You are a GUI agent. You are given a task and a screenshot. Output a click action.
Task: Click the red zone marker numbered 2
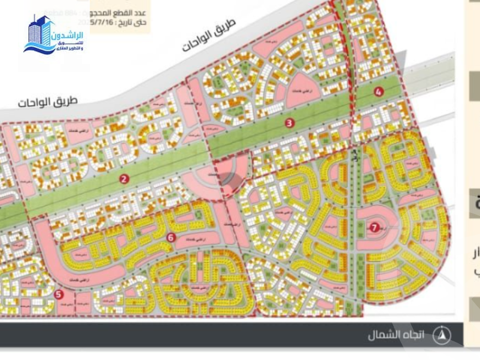pos(124,178)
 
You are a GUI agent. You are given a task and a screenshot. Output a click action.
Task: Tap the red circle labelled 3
pos(290,123)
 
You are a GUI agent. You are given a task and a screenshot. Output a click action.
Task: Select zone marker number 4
pos(378,91)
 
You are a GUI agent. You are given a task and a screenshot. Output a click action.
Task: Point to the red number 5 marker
pos(58,294)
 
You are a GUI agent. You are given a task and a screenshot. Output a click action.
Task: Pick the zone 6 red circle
pos(171,237)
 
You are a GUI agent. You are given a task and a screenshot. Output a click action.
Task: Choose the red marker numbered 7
pos(374,227)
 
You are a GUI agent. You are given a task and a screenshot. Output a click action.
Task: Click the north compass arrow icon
pos(442,334)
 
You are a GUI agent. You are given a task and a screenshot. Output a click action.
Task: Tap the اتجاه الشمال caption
pos(396,335)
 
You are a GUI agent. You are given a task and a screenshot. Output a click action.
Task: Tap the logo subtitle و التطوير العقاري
pos(69,48)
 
